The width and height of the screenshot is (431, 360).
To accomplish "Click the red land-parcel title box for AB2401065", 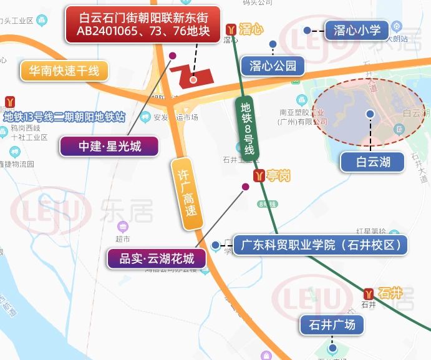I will pyautogui.click(x=143, y=24).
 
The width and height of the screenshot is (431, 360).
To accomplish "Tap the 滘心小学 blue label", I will pyautogui.click(x=357, y=30).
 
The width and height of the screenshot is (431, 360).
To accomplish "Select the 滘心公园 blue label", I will pyautogui.click(x=273, y=65).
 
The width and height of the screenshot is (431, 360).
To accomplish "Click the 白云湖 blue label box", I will pyautogui.click(x=373, y=163).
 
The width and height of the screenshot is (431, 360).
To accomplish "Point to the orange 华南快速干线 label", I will pyautogui.click(x=64, y=71).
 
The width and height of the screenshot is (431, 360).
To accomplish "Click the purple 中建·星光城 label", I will pyautogui.click(x=110, y=147).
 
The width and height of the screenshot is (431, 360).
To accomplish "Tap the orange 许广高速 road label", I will pyautogui.click(x=187, y=195).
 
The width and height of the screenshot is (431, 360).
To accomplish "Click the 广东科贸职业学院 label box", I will pyautogui.click(x=321, y=244).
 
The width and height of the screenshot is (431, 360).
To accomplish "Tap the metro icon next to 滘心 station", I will pyautogui.click(x=231, y=29).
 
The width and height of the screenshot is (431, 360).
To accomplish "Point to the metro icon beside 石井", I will pyautogui.click(x=370, y=293).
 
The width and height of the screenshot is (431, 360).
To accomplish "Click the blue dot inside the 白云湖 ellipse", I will pyautogui.click(x=370, y=114).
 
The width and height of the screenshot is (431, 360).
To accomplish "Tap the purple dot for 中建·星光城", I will pyautogui.click(x=173, y=55).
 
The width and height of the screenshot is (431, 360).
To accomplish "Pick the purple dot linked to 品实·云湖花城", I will pyautogui.click(x=246, y=186).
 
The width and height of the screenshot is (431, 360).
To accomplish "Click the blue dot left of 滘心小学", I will pyautogui.click(x=307, y=30).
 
